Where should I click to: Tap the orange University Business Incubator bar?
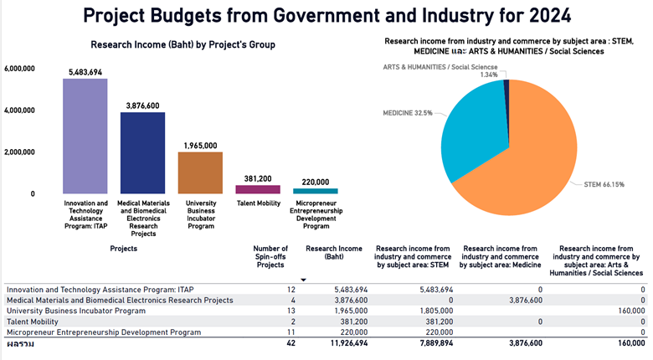200,172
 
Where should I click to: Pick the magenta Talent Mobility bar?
257,189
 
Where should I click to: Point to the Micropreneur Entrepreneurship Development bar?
315,191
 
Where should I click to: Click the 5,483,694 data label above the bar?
85,73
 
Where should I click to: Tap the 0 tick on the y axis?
32,194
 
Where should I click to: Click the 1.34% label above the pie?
489,75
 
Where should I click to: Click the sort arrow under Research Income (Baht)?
303,279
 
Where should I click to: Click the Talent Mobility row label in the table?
33,321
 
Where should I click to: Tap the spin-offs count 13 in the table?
290,311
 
